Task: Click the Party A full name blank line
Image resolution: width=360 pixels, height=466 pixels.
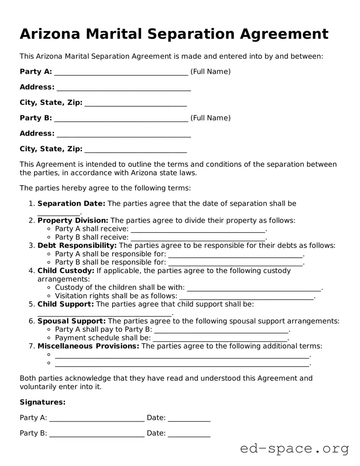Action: point(121,73)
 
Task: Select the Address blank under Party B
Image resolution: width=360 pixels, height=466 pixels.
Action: point(124,134)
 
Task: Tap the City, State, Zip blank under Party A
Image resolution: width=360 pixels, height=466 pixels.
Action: point(136,104)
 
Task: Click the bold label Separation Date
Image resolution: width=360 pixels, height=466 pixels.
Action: point(71,204)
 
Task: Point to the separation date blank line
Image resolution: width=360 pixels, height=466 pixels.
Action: point(58,213)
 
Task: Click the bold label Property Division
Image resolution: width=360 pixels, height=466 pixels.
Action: point(73,221)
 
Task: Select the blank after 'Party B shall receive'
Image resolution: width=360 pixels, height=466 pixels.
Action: point(198,238)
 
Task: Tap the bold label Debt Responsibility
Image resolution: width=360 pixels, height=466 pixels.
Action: point(77,246)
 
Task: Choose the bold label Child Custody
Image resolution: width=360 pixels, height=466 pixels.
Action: point(66,271)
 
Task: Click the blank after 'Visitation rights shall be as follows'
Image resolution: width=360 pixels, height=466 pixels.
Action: point(247,296)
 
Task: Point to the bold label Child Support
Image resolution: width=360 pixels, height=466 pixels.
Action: point(66,304)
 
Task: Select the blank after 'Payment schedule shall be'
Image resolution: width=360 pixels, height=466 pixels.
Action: point(220,338)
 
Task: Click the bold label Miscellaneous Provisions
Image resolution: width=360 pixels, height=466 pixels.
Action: point(88,346)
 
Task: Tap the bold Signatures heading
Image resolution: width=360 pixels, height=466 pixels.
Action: point(43,402)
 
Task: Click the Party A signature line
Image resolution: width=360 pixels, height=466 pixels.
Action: point(97,419)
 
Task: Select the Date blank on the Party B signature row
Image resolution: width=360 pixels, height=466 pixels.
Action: point(189,434)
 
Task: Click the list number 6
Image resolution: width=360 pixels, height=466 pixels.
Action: point(32,321)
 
